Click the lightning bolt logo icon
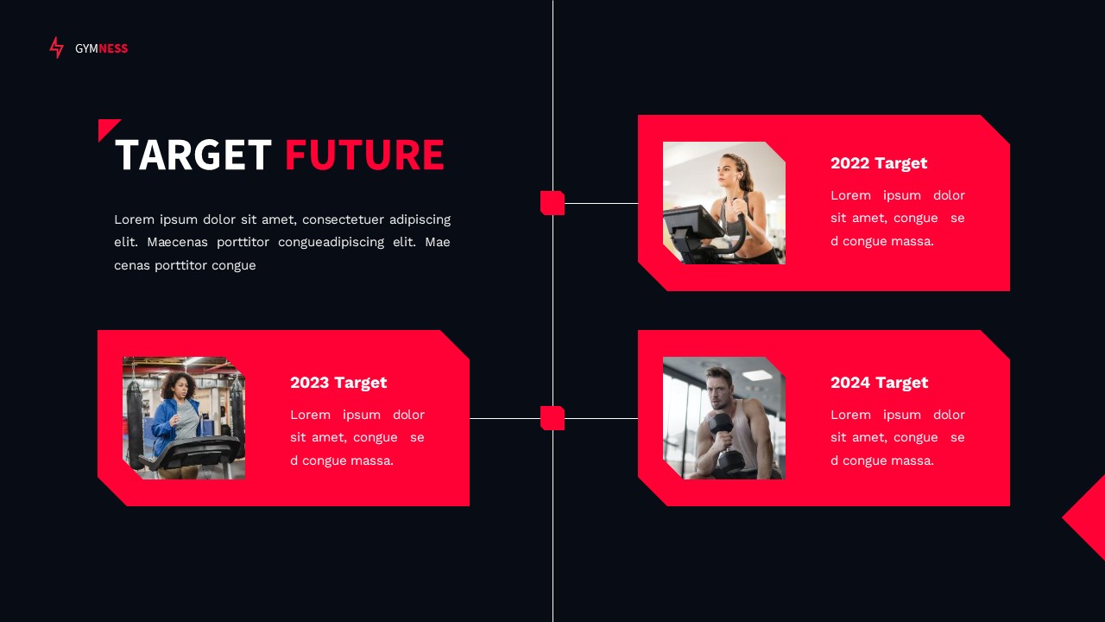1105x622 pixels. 56,48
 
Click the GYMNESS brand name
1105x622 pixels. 101,48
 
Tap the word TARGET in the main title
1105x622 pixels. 193,155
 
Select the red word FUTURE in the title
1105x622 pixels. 363,155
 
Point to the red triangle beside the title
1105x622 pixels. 106,127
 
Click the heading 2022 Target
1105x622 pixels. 878,163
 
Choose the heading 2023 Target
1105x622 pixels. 338,383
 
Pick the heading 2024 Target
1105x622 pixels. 879,383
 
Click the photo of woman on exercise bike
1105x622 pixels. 723,203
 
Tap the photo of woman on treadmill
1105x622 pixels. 183,418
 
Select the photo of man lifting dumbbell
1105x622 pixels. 723,418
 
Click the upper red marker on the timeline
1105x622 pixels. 552,203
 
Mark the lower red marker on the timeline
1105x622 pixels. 552,418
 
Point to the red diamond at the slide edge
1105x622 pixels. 1086,517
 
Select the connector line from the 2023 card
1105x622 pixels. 504,418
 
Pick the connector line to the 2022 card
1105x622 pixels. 601,204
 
